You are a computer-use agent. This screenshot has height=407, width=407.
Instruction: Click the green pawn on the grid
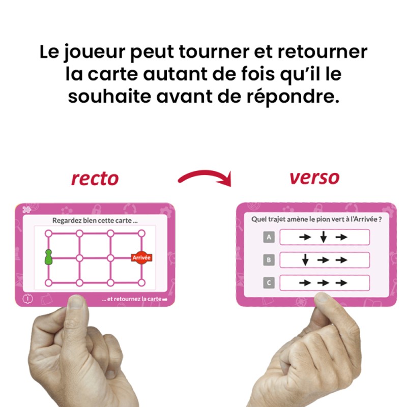point(48,257)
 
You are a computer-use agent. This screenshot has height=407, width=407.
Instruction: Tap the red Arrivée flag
point(141,258)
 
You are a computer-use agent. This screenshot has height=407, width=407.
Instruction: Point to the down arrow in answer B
point(305,260)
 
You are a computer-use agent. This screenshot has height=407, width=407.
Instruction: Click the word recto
point(95,178)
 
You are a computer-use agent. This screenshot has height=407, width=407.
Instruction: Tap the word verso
point(314,178)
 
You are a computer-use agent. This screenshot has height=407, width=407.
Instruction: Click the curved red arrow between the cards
point(205,178)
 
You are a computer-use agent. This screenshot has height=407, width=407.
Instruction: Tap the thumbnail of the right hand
point(322,299)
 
